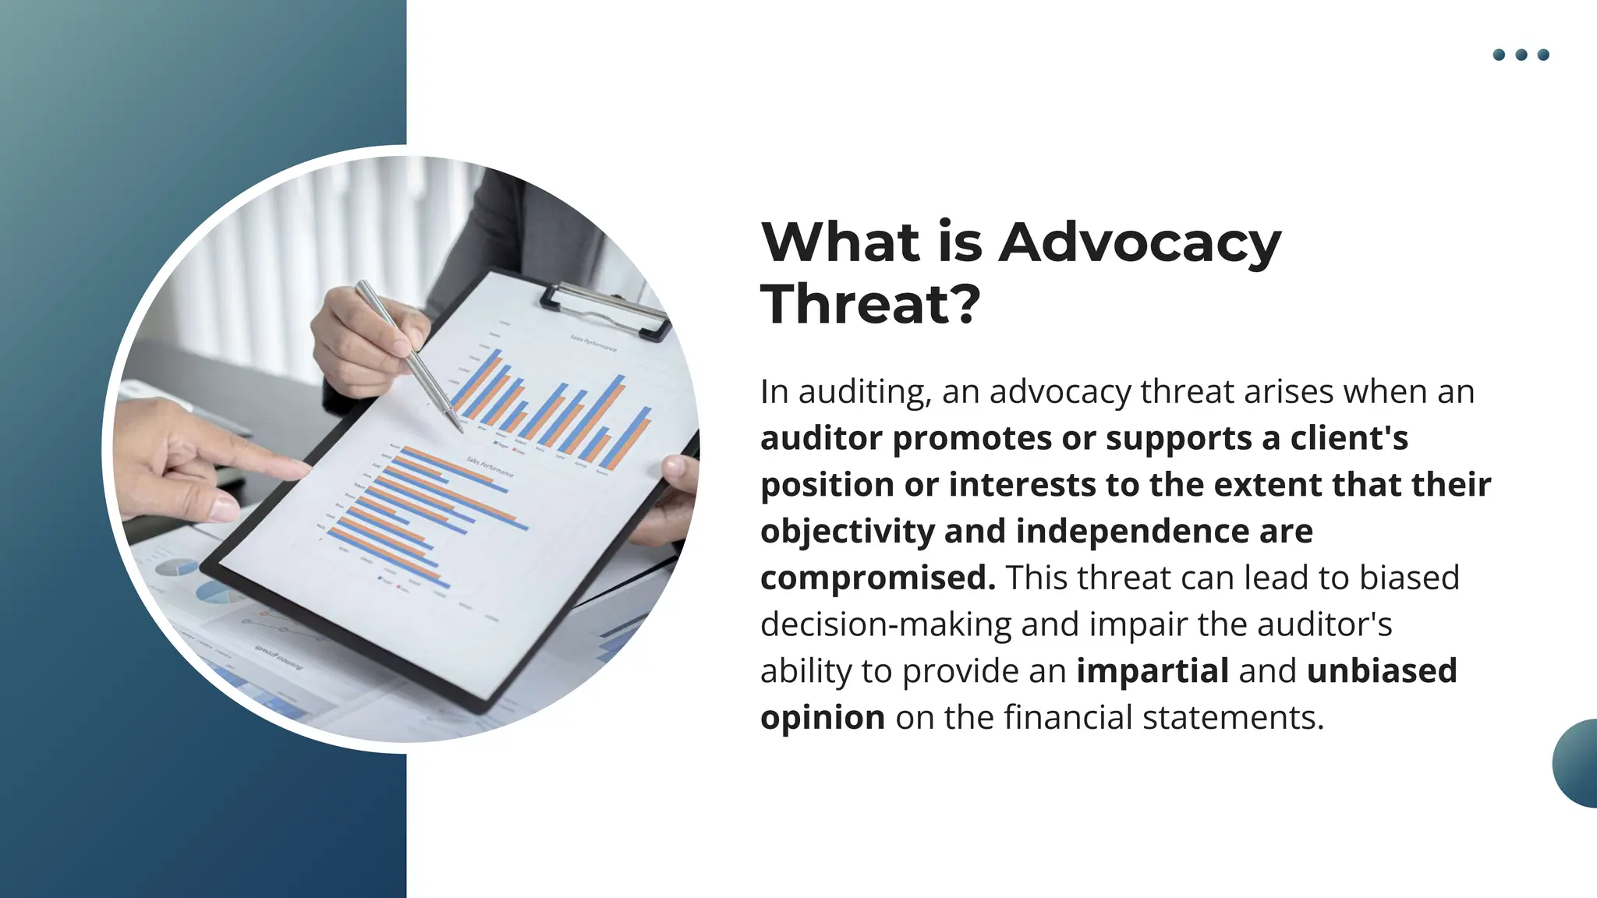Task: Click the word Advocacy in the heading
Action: (x=1139, y=243)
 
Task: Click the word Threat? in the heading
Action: (x=870, y=305)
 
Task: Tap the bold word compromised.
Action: (x=878, y=578)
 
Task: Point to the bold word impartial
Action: (x=1153, y=671)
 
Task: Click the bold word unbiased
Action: (x=1382, y=671)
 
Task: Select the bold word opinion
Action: (x=823, y=718)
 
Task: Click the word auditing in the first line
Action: (x=865, y=392)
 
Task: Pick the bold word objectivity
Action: (x=847, y=532)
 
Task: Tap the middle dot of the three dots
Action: (x=1521, y=55)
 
